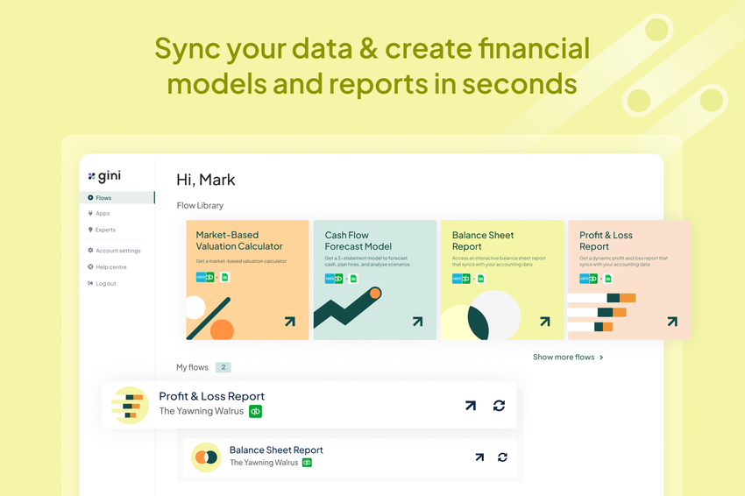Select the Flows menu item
click(103, 198)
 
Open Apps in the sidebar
click(103, 214)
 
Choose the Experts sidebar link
click(105, 230)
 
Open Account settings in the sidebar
click(117, 251)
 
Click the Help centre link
click(110, 267)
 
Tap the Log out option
click(105, 284)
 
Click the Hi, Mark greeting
click(206, 180)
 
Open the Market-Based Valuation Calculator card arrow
click(289, 322)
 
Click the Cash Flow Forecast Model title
click(358, 241)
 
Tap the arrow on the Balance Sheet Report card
click(544, 322)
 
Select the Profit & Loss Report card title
click(606, 241)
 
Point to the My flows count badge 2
click(223, 367)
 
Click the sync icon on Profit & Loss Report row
click(499, 405)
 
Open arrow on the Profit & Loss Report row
click(470, 405)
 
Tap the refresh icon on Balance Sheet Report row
click(502, 457)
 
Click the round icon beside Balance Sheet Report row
click(207, 457)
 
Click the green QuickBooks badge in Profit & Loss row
click(255, 411)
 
